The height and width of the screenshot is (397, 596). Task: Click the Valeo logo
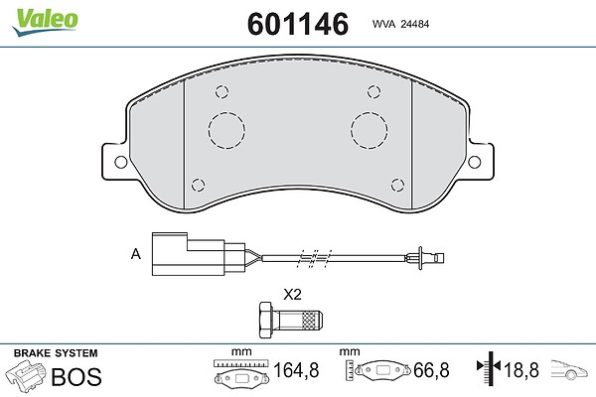(x=46, y=22)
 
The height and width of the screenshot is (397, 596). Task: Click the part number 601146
(x=298, y=24)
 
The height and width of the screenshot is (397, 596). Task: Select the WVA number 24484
(x=415, y=24)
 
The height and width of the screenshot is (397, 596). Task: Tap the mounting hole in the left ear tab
(x=121, y=162)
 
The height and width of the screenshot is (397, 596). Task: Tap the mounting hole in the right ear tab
(x=475, y=162)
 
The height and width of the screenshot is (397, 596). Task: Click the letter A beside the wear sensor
(x=136, y=254)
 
